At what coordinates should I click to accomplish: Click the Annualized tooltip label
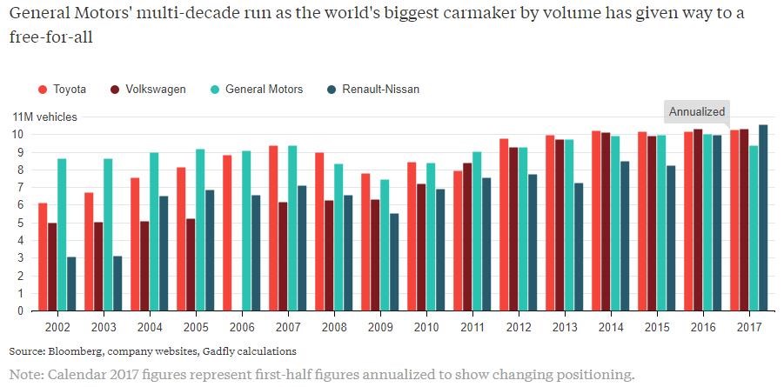(x=697, y=112)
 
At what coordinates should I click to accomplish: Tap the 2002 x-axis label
(x=57, y=326)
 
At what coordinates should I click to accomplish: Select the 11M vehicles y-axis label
(x=44, y=117)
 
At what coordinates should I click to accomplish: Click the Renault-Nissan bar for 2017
(x=764, y=217)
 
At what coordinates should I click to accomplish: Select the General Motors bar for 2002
(x=62, y=235)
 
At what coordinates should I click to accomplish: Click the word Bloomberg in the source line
(x=73, y=351)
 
